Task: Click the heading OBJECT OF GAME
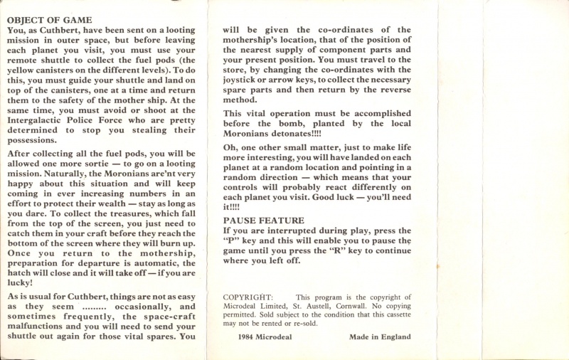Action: [x=49, y=20]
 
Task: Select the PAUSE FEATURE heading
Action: [x=263, y=221]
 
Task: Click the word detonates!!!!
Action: [x=294, y=133]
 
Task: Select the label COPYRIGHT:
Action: [x=248, y=297]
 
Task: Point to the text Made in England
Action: [x=380, y=337]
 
